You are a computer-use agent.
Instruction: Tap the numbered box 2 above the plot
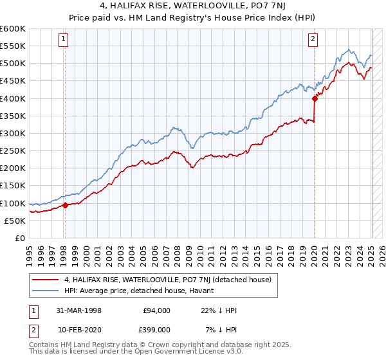point(313,40)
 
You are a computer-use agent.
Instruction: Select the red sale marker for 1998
point(65,206)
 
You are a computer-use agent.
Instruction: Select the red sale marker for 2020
point(315,98)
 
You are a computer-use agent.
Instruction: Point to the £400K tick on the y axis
point(13,98)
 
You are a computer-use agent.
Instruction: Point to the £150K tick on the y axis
point(13,186)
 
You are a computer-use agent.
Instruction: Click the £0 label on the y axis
point(19,238)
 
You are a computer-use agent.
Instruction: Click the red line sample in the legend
point(45,280)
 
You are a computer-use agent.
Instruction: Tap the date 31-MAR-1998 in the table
point(80,310)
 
